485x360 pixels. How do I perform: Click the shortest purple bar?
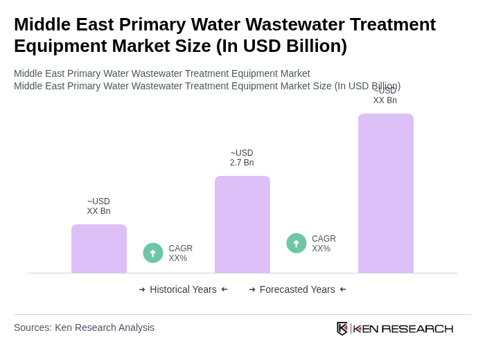coord(99,249)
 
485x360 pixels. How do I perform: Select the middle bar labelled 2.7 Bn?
coord(242,224)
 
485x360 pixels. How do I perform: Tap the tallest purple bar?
coord(386,193)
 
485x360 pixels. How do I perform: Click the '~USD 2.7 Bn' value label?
coord(242,158)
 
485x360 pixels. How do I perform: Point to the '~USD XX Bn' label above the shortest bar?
coord(98,206)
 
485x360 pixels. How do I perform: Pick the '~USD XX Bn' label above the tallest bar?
coord(385,96)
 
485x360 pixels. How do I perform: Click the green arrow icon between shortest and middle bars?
coord(153,253)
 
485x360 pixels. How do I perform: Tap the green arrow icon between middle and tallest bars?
coord(297,243)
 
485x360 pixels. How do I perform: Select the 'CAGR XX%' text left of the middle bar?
coord(181,253)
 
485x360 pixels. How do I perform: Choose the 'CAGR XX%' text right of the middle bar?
coord(324,244)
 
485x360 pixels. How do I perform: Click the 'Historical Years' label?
coord(183,289)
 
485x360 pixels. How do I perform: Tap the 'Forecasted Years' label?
coord(297,289)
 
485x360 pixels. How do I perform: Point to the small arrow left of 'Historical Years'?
coord(142,289)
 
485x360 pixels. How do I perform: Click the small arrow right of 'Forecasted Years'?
coord(343,289)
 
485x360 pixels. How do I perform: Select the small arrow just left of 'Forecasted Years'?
coord(252,289)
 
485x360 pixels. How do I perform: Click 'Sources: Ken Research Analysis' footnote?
coord(84,327)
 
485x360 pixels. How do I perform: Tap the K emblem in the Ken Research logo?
coord(342,328)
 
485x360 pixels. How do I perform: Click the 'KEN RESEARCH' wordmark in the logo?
coord(403,328)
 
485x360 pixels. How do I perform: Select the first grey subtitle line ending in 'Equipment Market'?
coord(162,73)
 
